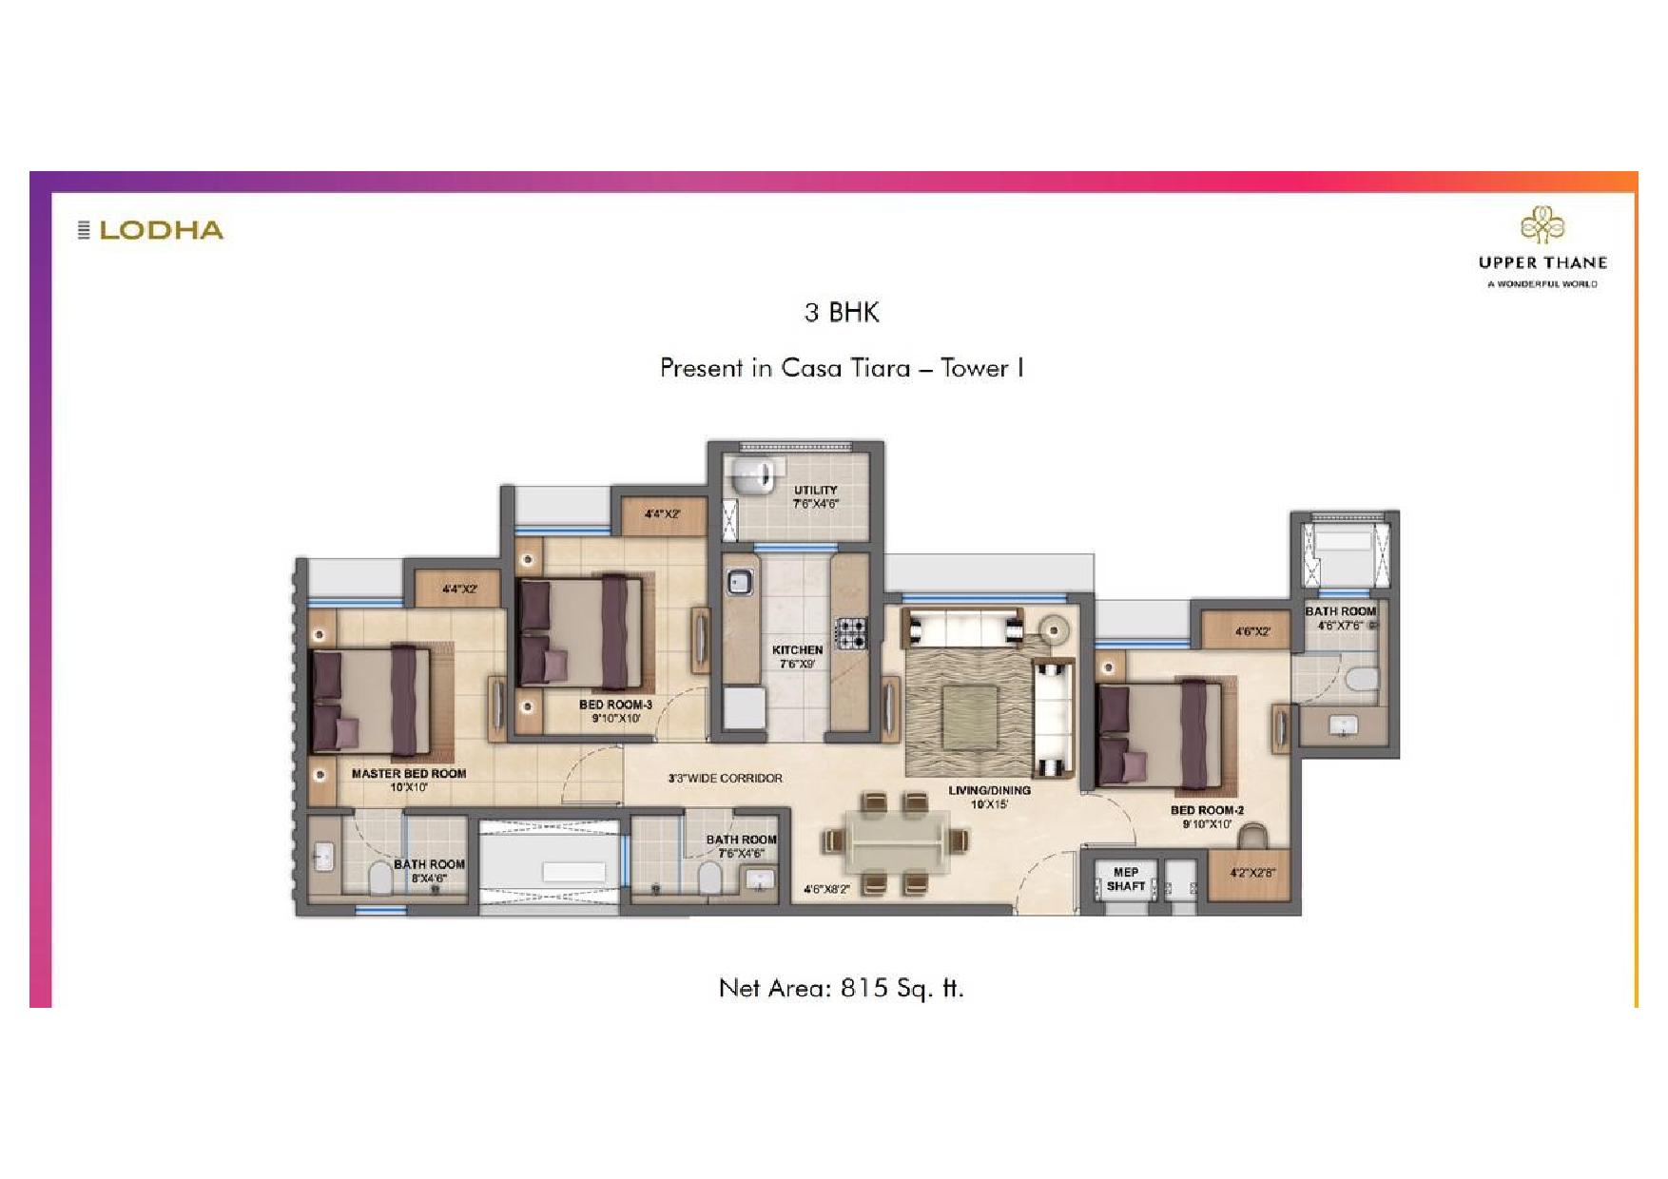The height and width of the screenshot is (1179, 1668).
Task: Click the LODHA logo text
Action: [x=161, y=230]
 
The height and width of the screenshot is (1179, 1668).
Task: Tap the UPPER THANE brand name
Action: [x=1542, y=262]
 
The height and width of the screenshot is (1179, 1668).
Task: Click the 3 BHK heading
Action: [x=842, y=312]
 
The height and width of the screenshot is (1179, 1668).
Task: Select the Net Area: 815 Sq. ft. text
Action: [x=841, y=988]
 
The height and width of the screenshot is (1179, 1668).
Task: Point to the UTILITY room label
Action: [x=816, y=491]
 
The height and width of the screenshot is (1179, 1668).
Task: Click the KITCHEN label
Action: [x=797, y=650]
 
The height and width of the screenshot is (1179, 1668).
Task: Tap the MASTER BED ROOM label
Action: [x=409, y=774]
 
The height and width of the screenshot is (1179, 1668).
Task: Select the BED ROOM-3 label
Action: [x=615, y=705]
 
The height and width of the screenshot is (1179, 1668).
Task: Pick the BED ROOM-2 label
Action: [x=1207, y=810]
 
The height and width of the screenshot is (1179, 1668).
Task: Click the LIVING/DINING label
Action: [x=989, y=790]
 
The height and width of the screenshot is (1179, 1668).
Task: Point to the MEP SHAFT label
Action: [x=1126, y=879]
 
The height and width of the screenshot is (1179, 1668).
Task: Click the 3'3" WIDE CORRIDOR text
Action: [x=726, y=778]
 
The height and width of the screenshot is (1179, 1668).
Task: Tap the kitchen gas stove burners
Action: [x=851, y=632]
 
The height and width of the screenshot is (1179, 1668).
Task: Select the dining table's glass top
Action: [x=897, y=841]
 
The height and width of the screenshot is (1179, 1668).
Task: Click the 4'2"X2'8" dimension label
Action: [x=1252, y=873]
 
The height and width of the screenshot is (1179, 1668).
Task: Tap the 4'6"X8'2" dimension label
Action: [x=826, y=890]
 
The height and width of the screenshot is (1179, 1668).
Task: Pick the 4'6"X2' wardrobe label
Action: [x=1252, y=631]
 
